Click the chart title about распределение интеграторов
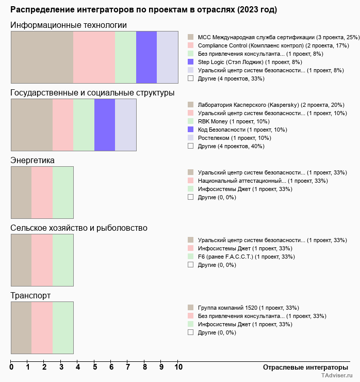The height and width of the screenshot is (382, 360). (x=143, y=10)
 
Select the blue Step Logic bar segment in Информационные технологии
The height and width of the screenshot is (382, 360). (x=146, y=57)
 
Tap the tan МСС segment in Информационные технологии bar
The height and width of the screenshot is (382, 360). (x=42, y=57)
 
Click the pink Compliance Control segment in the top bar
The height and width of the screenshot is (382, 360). (x=94, y=57)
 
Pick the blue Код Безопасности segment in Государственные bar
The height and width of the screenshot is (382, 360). (x=105, y=124)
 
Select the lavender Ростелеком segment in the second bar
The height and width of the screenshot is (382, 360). (x=125, y=124)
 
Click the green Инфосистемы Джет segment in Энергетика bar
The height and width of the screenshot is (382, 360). (x=63, y=192)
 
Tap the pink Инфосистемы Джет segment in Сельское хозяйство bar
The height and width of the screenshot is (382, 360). (x=42, y=260)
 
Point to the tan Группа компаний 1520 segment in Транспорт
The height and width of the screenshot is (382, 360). (x=21, y=327)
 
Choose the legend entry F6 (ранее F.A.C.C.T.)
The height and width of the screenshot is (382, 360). (x=246, y=257)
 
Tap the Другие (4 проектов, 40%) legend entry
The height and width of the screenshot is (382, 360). (x=231, y=146)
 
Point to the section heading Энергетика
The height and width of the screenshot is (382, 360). (x=32, y=161)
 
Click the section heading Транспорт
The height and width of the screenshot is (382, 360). (x=30, y=296)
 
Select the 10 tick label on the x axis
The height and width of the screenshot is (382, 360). (x=178, y=368)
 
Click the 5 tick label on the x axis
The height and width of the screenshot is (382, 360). (x=95, y=368)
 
